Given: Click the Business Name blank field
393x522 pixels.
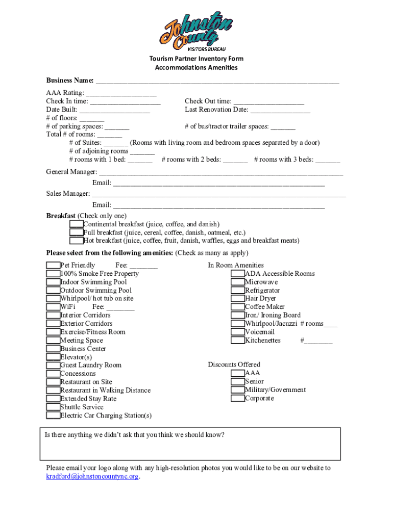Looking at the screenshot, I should [217, 81].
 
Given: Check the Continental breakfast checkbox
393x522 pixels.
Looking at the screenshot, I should [77, 224].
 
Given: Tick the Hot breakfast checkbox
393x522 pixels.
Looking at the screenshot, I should [77, 241].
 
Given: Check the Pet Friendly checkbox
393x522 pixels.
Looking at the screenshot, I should [53, 265].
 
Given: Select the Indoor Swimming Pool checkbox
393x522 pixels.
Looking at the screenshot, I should [53, 282].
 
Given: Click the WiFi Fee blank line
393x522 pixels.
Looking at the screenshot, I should [120, 307].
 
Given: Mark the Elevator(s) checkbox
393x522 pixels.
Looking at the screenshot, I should [53, 357].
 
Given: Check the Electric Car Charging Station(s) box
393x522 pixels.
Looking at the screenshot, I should [53, 415].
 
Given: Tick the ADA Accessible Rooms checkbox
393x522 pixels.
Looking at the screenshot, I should [237, 274].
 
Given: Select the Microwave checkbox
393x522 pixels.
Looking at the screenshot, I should [237, 282].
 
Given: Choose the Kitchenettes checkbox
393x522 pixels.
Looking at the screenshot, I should [237, 340].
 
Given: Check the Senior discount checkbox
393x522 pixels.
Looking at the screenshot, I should [237, 381].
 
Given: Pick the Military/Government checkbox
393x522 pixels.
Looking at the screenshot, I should [237, 390].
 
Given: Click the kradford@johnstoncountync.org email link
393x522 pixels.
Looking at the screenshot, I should [92, 477].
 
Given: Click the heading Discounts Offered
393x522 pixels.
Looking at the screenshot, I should [234, 364].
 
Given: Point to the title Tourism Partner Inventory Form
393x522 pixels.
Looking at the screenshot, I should [196, 59].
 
